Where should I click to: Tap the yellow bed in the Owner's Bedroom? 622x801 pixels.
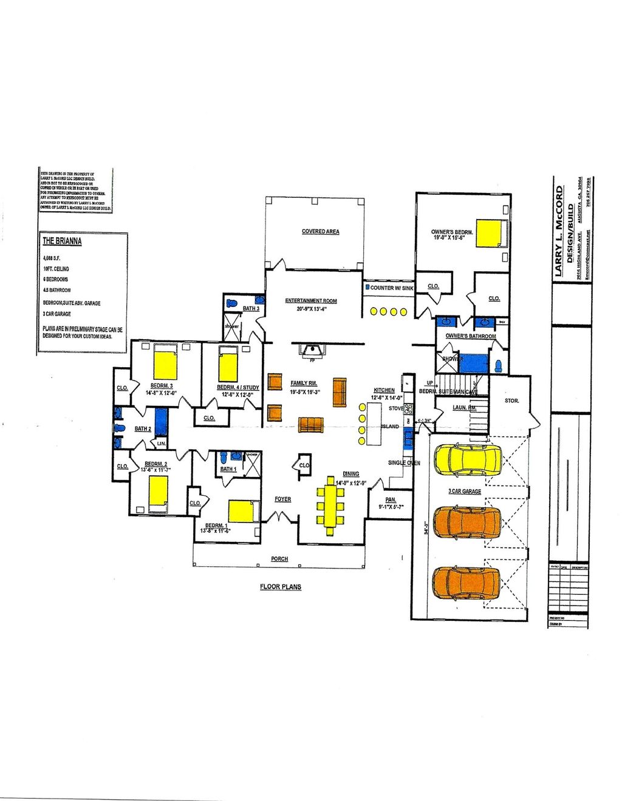tap(491, 233)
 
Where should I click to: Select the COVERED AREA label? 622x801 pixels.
tap(320, 232)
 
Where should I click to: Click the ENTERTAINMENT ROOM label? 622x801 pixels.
tap(311, 301)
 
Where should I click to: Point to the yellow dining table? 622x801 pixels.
tap(330, 505)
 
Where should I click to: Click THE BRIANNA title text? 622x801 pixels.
tap(62, 241)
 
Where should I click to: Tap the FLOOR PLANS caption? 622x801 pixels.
tap(280, 587)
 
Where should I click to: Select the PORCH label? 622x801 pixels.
tap(279, 559)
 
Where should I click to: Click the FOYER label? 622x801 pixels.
tap(282, 499)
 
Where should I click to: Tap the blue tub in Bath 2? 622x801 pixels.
tap(161, 422)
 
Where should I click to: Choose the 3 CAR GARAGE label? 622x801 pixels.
tap(465, 492)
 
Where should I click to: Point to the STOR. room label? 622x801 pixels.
tap(511, 401)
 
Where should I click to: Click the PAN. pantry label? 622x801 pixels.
tap(391, 500)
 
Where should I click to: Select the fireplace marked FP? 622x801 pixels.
tap(313, 351)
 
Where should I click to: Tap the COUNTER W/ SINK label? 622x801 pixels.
tap(391, 288)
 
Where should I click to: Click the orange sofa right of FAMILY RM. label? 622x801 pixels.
tap(339, 393)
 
